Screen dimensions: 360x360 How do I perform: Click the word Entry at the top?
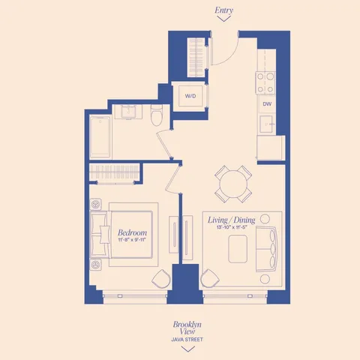(x=223, y=10)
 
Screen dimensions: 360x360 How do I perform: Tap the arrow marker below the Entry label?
(x=223, y=21)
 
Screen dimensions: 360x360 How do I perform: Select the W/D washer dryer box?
(x=190, y=96)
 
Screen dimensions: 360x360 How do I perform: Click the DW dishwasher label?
(x=267, y=104)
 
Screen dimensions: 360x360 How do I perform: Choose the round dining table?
(x=232, y=183)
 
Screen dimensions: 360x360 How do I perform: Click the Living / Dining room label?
(x=231, y=220)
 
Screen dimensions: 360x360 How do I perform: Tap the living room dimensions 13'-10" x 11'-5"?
(x=231, y=227)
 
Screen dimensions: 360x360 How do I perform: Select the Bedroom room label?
(x=132, y=233)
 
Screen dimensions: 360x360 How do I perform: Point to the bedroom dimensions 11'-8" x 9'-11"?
(x=132, y=241)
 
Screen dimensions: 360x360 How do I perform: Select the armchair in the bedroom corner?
(x=161, y=280)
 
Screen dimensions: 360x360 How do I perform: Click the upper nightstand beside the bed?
(x=96, y=204)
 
